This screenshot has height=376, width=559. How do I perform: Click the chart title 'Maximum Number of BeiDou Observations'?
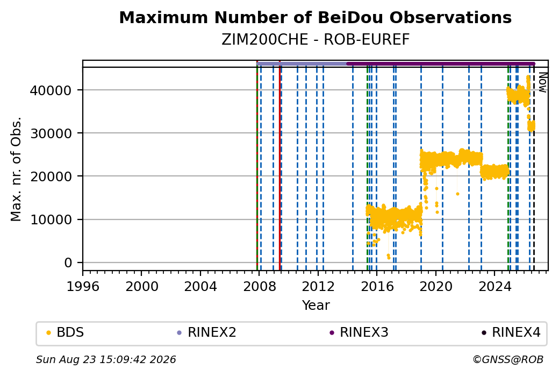pyautogui.click(x=315, y=17)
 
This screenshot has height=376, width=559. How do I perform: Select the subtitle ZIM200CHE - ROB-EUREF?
pyautogui.click(x=315, y=40)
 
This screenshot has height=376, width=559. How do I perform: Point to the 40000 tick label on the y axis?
pyautogui.click(x=51, y=90)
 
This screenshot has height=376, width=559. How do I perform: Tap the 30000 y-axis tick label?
pyautogui.click(x=51, y=133)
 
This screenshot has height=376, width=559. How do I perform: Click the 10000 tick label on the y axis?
pyautogui.click(x=51, y=220)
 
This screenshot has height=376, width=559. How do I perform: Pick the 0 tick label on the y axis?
pyautogui.click(x=68, y=263)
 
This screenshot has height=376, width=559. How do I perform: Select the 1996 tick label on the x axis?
pyautogui.click(x=83, y=286)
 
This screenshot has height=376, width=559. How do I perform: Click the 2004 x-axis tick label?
pyautogui.click(x=200, y=286)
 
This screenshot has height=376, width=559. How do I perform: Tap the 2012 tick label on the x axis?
pyautogui.click(x=318, y=286)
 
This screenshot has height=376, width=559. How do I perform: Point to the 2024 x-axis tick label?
pyautogui.click(x=494, y=286)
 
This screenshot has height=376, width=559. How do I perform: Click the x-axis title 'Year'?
pyautogui.click(x=316, y=306)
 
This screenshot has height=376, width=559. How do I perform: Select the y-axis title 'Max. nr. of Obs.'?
pyautogui.click(x=16, y=169)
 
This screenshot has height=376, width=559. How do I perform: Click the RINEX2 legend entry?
pyautogui.click(x=207, y=332)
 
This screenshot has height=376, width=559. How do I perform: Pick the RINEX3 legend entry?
pyautogui.click(x=359, y=332)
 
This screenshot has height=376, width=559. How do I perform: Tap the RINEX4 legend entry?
pyautogui.click(x=511, y=332)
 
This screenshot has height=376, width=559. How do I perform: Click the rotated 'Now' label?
pyautogui.click(x=542, y=82)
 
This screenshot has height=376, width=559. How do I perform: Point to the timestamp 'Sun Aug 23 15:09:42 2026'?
pyautogui.click(x=106, y=359)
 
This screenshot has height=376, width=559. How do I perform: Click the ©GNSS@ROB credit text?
pyautogui.click(x=508, y=359)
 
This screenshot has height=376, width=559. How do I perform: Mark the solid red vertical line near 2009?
pyautogui.click(x=280, y=166)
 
